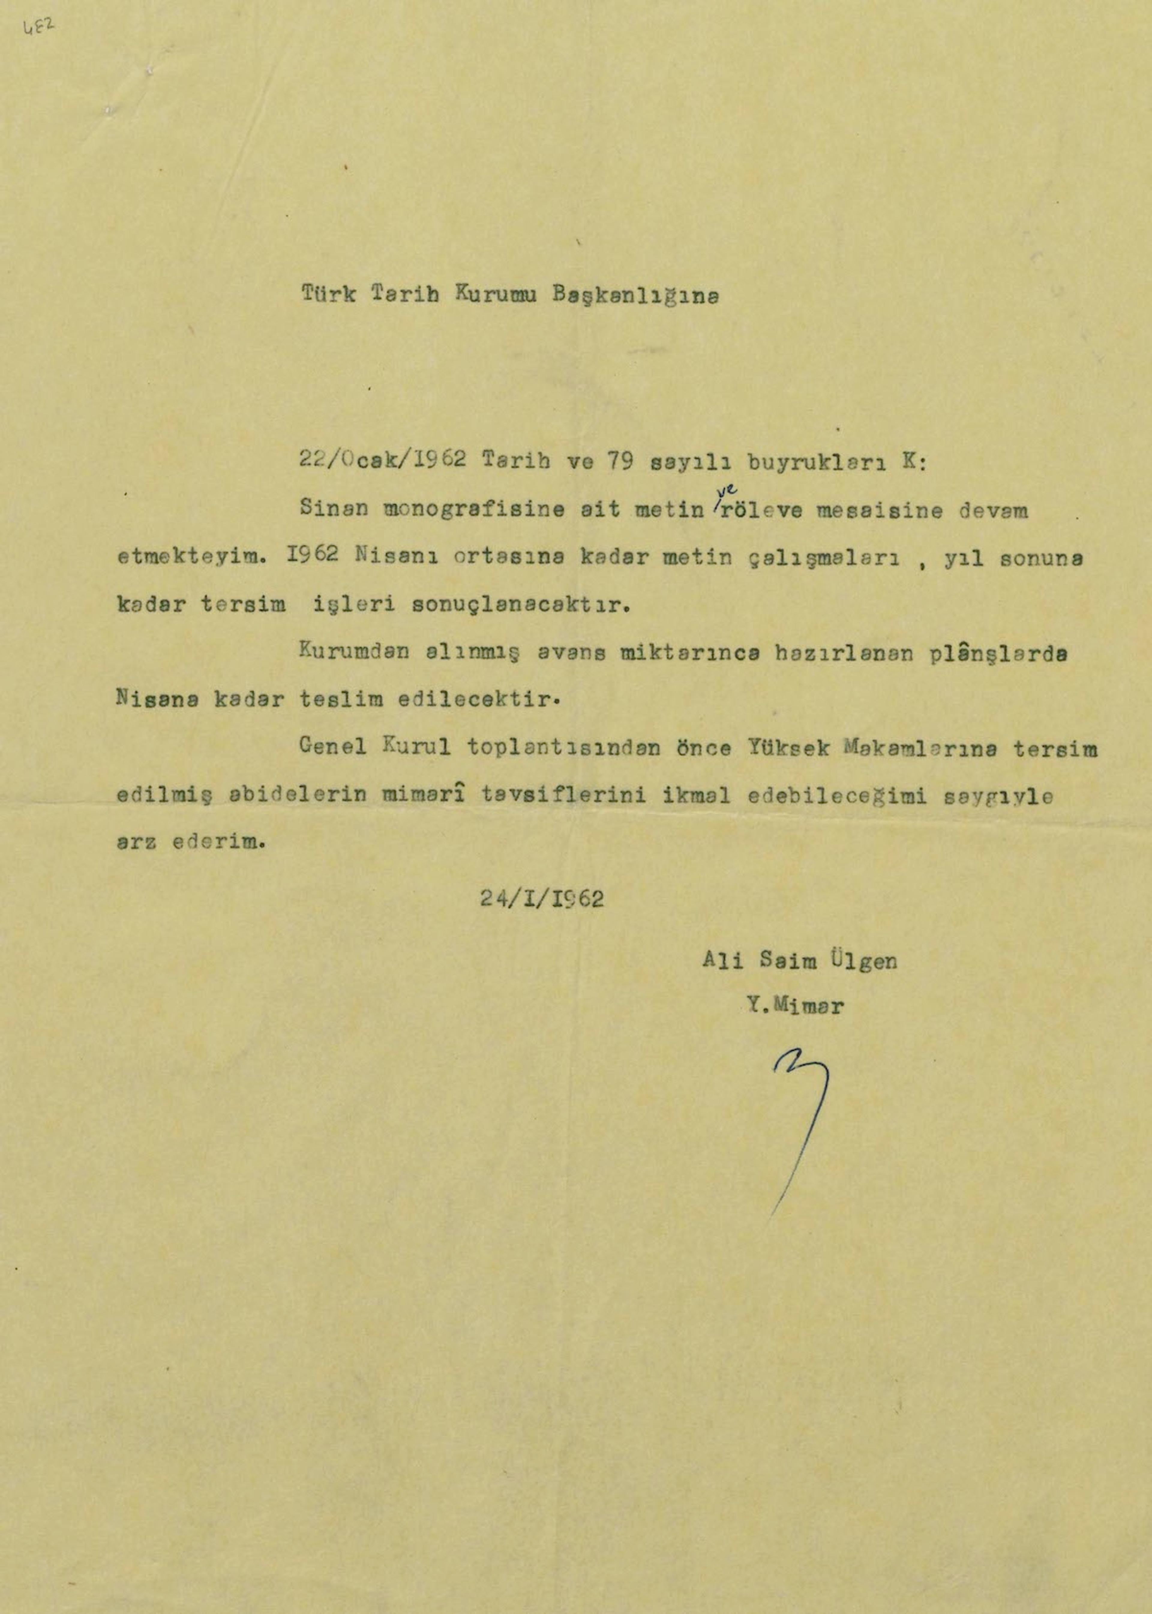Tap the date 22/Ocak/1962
(x=382, y=460)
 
